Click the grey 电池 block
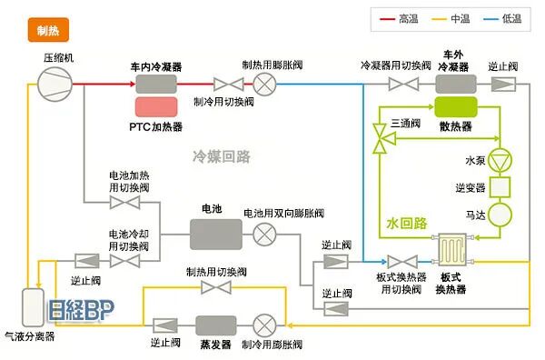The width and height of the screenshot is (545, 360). pyautogui.click(x=215, y=234)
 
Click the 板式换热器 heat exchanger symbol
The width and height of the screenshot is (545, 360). pyautogui.click(x=451, y=249)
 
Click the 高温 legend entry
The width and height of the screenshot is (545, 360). pyautogui.click(x=400, y=17)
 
